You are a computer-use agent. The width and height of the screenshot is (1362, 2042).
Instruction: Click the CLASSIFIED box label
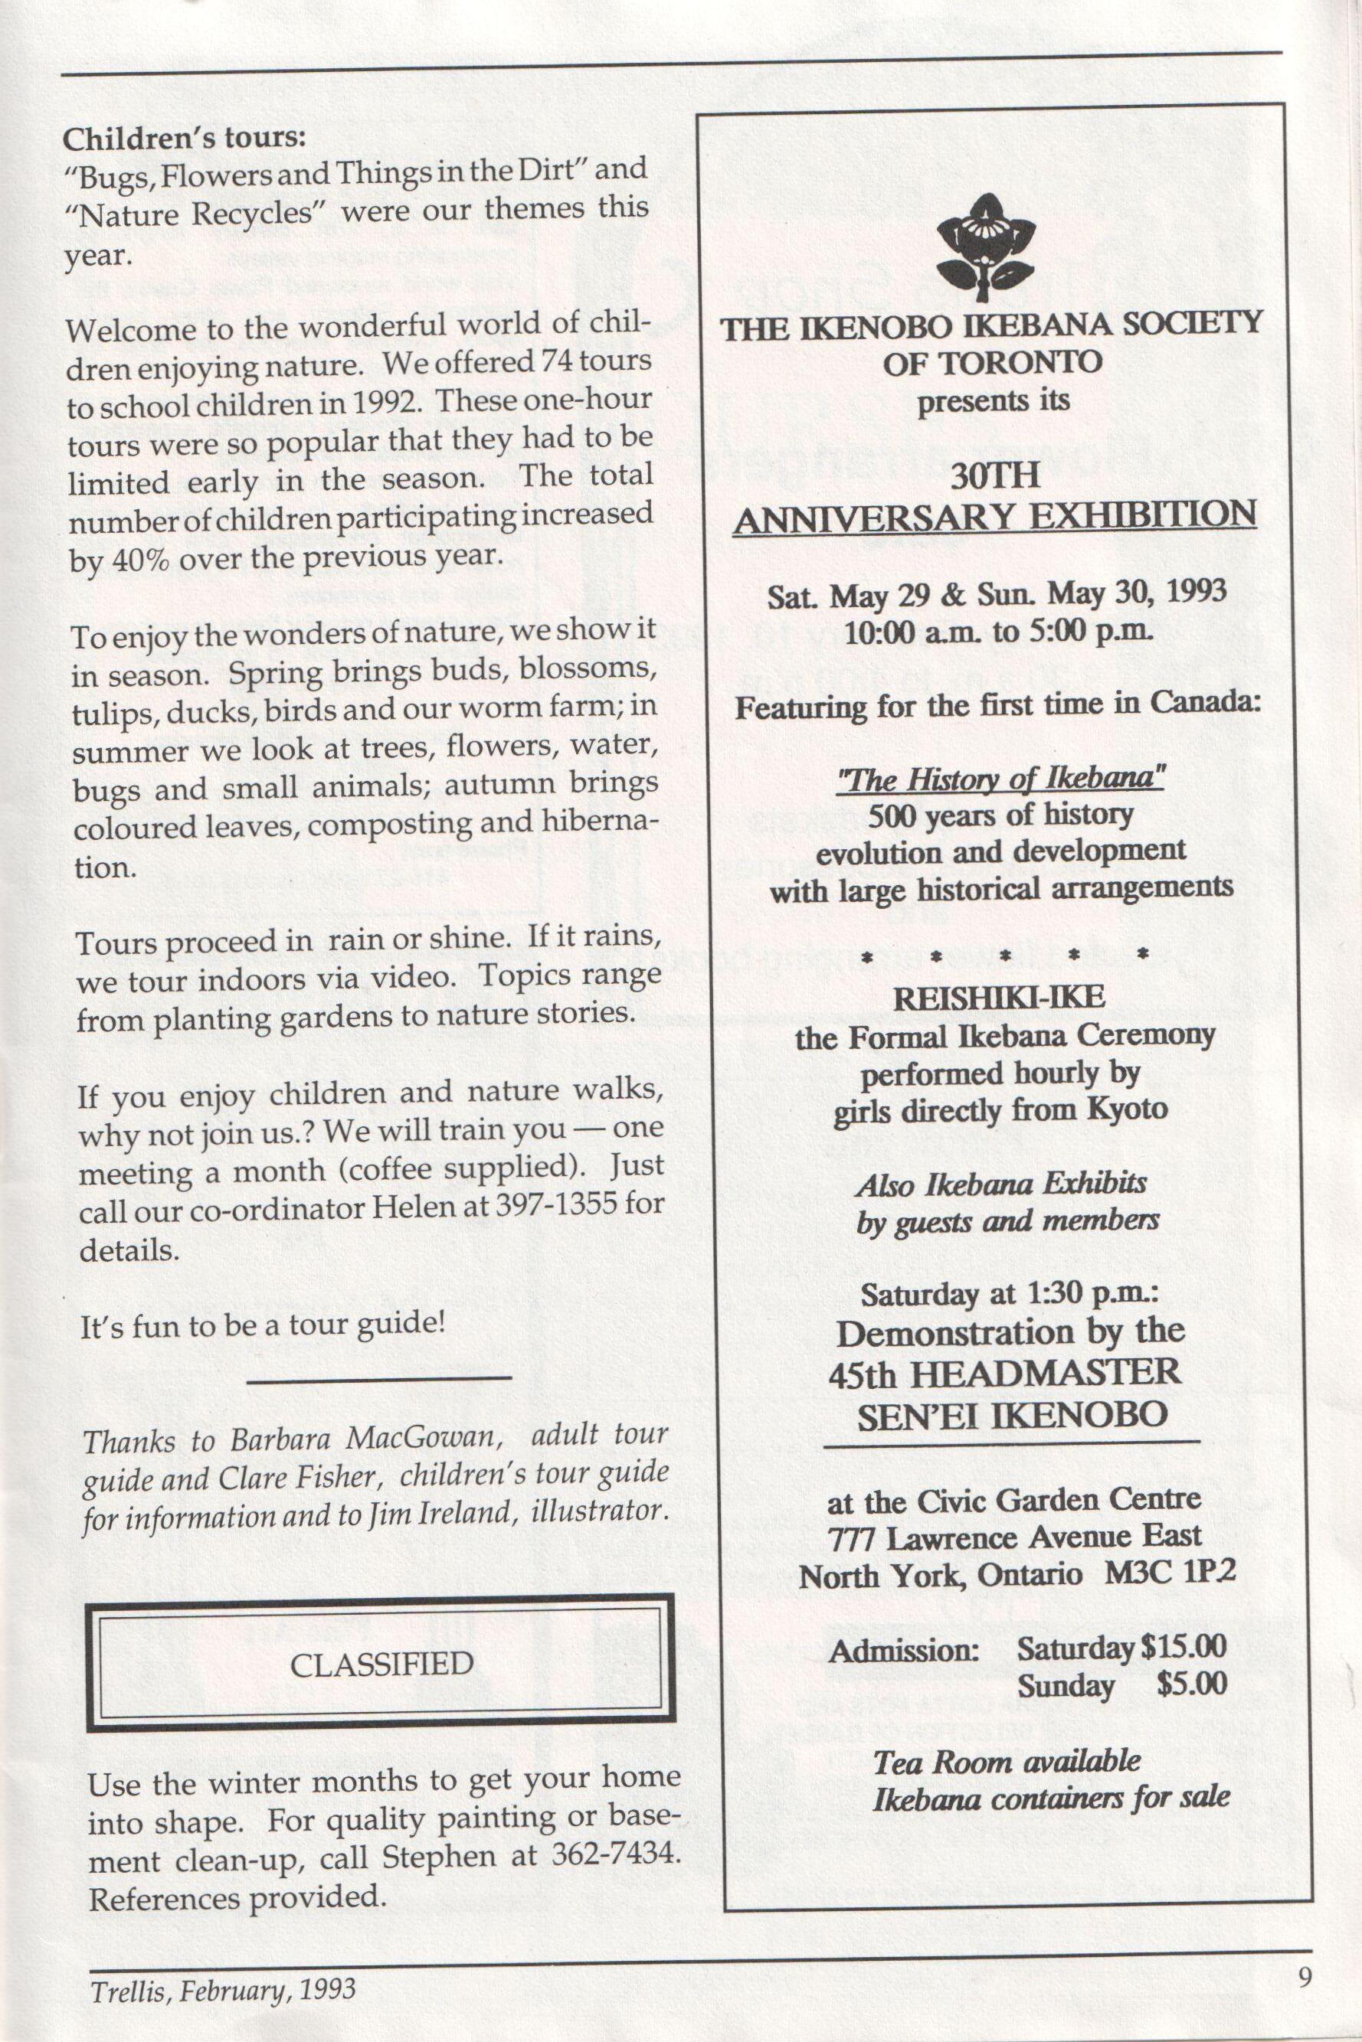381,1664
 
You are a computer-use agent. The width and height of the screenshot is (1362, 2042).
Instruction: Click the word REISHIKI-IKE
999,997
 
